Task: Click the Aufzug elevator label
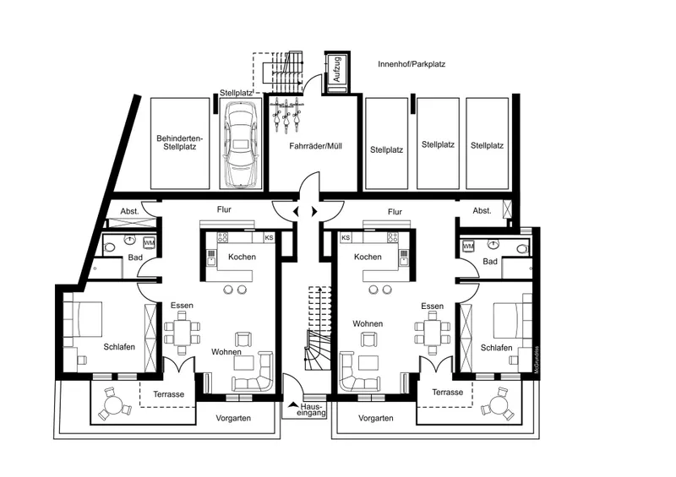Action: pos(337,69)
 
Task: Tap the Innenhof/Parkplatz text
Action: pos(412,64)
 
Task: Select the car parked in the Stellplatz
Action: pos(240,144)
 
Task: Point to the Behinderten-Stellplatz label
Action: pos(179,143)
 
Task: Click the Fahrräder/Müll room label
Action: pos(315,147)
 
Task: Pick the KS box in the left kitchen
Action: pos(269,237)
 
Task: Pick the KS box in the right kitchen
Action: pos(346,237)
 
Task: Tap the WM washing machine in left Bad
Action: pos(150,242)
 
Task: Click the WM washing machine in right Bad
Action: pos(468,247)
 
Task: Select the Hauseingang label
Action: pos(311,409)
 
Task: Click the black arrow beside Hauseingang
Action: pos(293,404)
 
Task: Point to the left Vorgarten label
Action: pos(233,418)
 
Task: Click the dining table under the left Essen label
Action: pos(183,332)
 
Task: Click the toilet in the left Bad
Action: pos(109,247)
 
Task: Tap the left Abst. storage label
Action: pos(129,211)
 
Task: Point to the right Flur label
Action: pos(395,212)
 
